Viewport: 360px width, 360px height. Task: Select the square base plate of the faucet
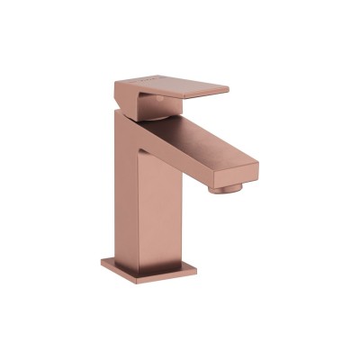tap(153, 267)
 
